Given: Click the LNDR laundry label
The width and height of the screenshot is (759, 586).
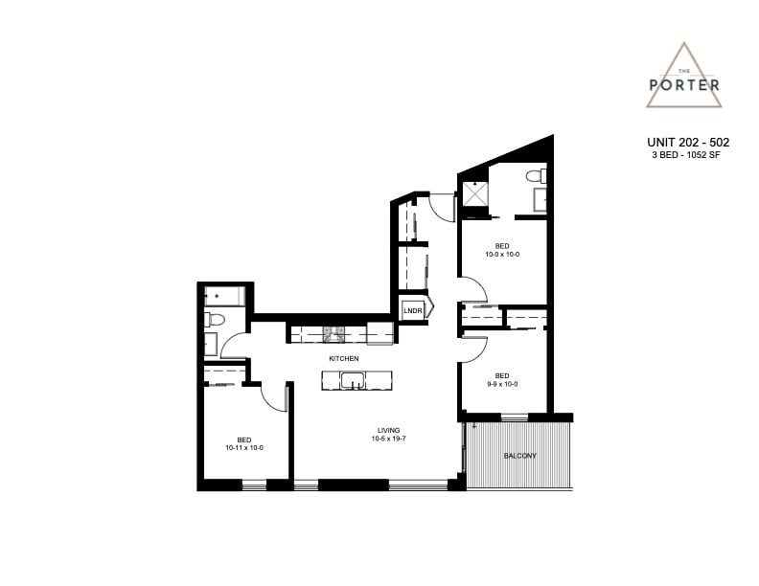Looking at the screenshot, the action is tap(412, 311).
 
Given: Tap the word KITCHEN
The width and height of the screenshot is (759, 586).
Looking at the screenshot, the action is tap(344, 358).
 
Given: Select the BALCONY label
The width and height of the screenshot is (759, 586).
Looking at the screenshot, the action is tap(519, 456).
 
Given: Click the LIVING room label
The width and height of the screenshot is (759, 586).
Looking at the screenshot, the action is tap(389, 430).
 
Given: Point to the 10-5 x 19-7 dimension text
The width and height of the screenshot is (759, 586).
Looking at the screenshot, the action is tap(389, 439).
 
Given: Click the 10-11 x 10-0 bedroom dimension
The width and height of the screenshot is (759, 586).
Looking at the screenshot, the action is tap(244, 448).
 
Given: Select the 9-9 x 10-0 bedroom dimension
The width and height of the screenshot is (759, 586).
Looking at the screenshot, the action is tap(502, 384).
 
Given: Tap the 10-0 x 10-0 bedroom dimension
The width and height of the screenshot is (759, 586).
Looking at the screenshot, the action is tap(502, 254).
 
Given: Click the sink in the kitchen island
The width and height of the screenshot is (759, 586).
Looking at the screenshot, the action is tap(352, 380).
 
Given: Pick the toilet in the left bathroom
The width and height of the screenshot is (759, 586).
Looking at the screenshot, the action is tap(215, 319).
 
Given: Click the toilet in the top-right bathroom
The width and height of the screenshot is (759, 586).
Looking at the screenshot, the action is tap(537, 176).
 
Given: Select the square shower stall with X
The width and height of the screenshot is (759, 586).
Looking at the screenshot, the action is tap(475, 193).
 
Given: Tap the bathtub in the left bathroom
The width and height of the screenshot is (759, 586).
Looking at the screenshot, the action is tap(224, 296).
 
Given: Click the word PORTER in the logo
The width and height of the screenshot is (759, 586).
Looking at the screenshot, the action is tap(684, 85).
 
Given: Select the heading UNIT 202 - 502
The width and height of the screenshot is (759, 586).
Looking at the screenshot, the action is tap(688, 142).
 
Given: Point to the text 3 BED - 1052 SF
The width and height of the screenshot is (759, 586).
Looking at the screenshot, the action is tap(686, 155).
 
